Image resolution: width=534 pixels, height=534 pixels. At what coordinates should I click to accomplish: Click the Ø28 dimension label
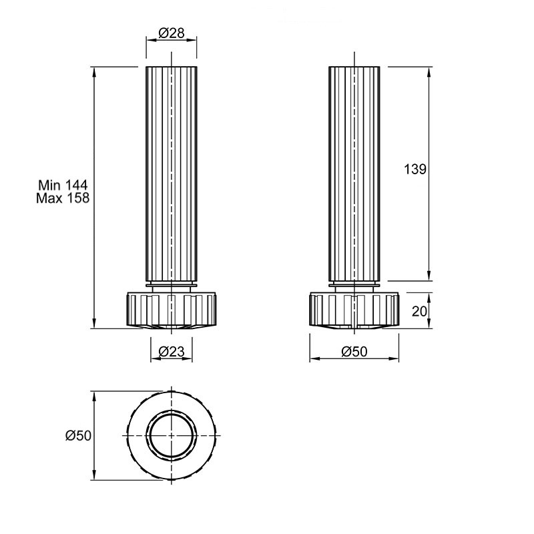(172, 33)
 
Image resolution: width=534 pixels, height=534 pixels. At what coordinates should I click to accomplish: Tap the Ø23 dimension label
(172, 351)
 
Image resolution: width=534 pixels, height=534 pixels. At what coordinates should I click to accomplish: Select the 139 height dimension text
(415, 169)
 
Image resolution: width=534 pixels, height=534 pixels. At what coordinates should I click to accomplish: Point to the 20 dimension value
(419, 311)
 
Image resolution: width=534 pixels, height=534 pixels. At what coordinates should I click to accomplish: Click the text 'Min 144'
(63, 185)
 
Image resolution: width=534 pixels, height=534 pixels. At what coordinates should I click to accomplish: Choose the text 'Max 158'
(63, 198)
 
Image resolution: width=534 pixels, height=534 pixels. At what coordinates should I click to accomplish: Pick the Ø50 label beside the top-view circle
(78, 436)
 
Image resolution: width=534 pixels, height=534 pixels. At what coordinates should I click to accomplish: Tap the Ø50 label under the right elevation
(354, 352)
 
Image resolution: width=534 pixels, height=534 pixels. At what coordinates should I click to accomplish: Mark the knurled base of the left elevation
(172, 309)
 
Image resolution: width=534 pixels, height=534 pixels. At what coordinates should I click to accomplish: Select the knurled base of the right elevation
(354, 309)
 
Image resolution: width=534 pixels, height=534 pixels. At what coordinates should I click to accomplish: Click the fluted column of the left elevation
(172, 174)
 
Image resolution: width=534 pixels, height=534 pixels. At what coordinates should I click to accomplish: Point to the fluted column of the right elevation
(354, 174)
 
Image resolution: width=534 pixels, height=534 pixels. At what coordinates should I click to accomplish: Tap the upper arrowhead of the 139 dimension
(429, 71)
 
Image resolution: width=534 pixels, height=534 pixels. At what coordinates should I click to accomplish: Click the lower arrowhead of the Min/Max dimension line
(94, 324)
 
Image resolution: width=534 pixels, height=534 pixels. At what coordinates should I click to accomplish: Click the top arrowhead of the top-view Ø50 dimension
(94, 396)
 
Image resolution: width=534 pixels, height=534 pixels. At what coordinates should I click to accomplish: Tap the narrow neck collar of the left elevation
(172, 287)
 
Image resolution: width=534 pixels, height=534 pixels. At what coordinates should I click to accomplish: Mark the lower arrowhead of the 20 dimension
(429, 324)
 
